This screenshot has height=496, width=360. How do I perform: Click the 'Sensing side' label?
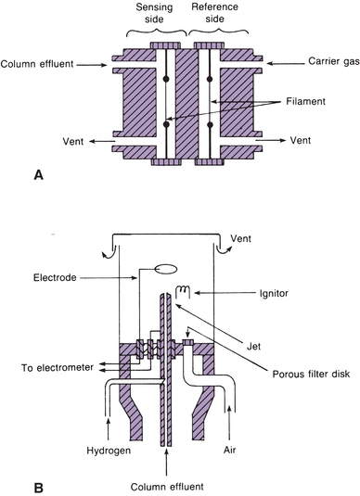point(154,13)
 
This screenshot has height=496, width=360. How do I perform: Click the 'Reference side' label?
point(214,13)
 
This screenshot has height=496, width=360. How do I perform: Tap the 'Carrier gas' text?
point(334,61)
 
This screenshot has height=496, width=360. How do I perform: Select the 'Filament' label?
point(305,101)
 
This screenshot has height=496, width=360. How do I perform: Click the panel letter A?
point(38,175)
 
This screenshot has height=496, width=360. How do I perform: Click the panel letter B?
point(38,488)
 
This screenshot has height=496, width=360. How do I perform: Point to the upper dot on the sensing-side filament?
point(166,79)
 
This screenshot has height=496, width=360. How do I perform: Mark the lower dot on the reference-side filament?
point(210,125)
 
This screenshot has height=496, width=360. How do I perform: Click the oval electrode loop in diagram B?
point(165,269)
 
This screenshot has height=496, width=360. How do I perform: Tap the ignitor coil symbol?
point(184,289)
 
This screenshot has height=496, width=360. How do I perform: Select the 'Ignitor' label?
point(274,293)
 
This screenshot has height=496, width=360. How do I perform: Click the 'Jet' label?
point(253,346)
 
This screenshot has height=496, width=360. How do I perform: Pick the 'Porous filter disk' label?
point(311,374)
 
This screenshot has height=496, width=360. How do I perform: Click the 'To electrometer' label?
point(58,367)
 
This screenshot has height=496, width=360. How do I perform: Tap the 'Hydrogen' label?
point(109,451)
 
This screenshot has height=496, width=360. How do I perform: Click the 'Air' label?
point(230,450)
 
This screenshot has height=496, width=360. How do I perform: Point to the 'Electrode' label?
point(55,278)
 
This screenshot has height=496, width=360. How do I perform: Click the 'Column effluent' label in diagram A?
point(37,64)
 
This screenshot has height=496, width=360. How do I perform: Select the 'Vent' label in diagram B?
point(241,238)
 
